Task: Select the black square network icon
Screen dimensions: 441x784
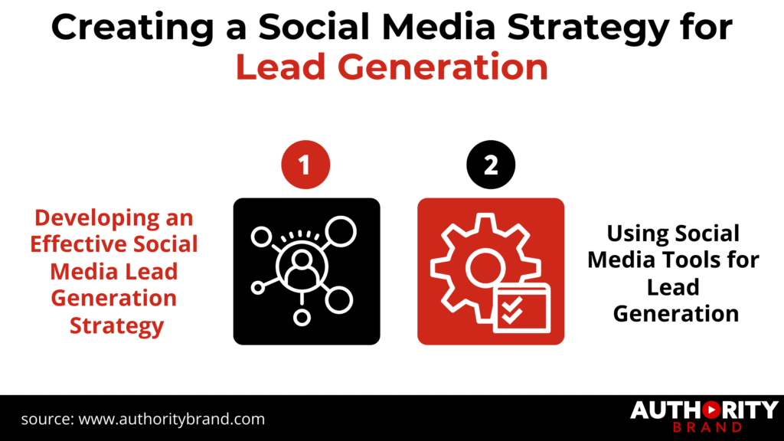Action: [x=306, y=271]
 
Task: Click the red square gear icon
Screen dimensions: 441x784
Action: [x=491, y=271]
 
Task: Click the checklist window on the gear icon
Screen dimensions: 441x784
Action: [x=522, y=307]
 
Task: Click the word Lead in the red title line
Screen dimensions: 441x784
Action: [x=281, y=67]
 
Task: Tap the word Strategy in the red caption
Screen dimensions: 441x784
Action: [x=116, y=325]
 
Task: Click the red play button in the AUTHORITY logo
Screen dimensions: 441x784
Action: [x=700, y=410]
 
